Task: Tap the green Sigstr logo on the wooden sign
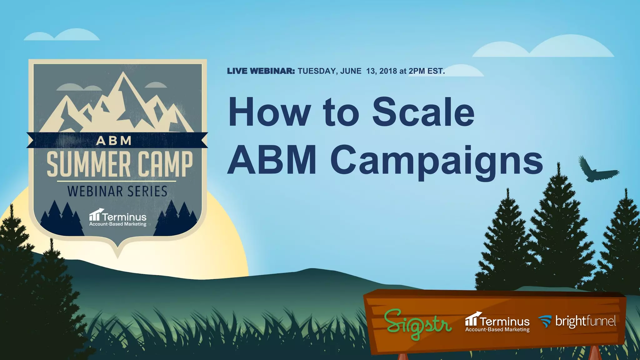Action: click(x=417, y=324)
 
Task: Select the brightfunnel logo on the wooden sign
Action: click(x=577, y=322)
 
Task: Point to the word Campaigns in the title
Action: click(x=437, y=161)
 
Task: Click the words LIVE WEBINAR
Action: click(x=261, y=71)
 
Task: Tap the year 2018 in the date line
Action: click(x=388, y=71)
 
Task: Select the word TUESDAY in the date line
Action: click(x=317, y=71)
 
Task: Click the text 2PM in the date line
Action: click(x=417, y=71)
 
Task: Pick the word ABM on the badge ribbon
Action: click(x=114, y=141)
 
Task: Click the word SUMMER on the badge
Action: click(x=88, y=164)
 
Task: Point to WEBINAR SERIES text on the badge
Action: click(x=117, y=191)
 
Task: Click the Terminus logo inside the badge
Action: click(x=118, y=217)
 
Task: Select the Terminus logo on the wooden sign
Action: click(x=497, y=322)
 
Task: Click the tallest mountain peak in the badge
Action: click(x=123, y=74)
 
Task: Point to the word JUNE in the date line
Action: click(x=351, y=71)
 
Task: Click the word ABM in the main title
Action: click(x=272, y=160)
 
